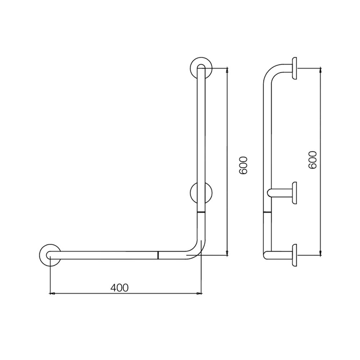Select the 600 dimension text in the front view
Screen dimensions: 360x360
pos(244,165)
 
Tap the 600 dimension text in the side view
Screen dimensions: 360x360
pos(312,159)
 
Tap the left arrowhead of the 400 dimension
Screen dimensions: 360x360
pos(52,294)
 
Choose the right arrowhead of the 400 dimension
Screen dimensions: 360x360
pos(199,294)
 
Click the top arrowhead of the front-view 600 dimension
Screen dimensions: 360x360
pos(227,69)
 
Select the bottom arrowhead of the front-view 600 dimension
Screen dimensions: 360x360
pos(227,254)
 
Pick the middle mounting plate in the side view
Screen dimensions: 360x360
pos(294,193)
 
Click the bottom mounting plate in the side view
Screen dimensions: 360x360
pos(294,255)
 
